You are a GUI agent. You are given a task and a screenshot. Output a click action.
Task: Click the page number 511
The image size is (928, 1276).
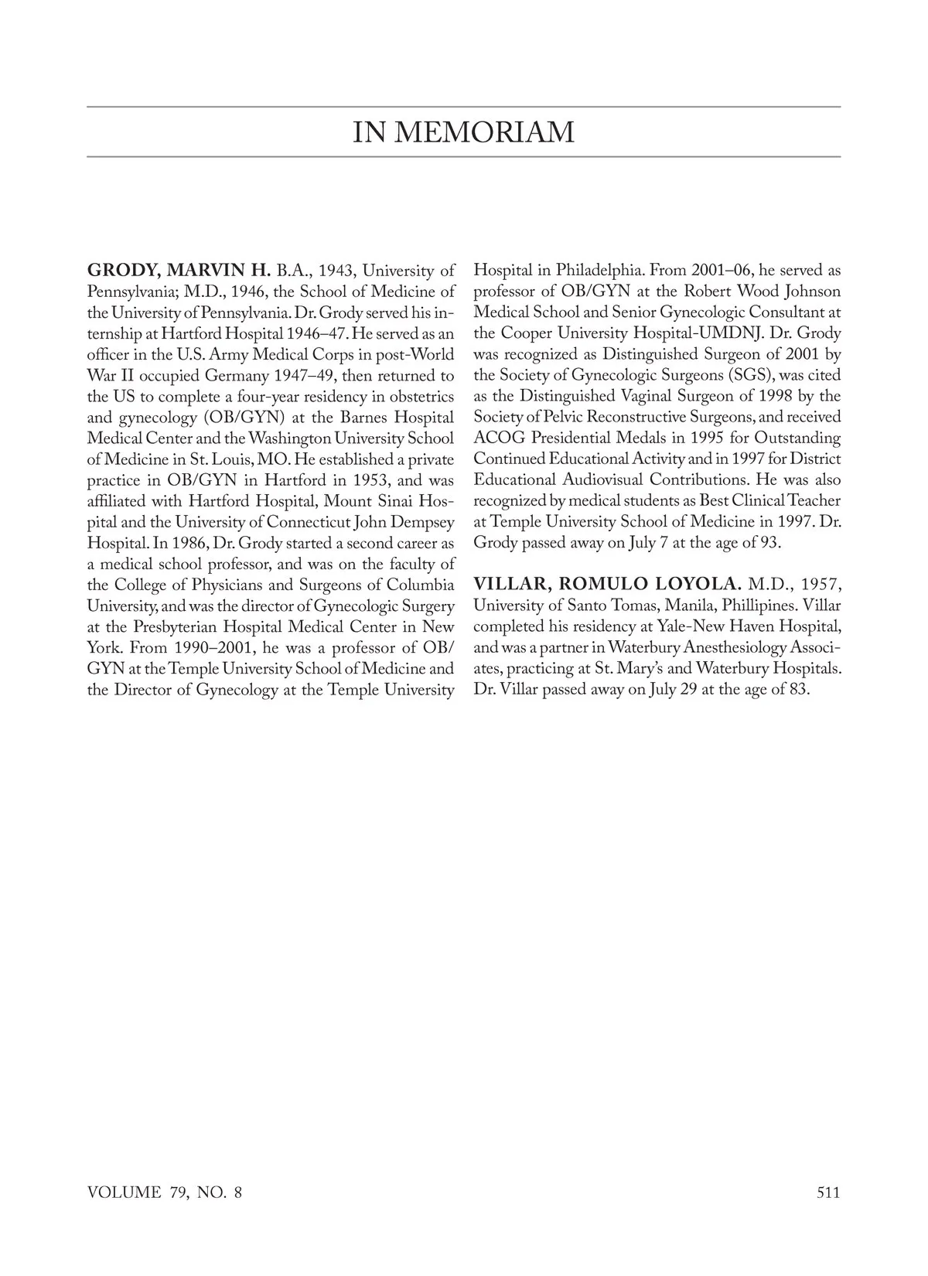click(x=828, y=1192)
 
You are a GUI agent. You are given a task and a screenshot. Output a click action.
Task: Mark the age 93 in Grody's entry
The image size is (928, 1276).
click(x=768, y=543)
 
